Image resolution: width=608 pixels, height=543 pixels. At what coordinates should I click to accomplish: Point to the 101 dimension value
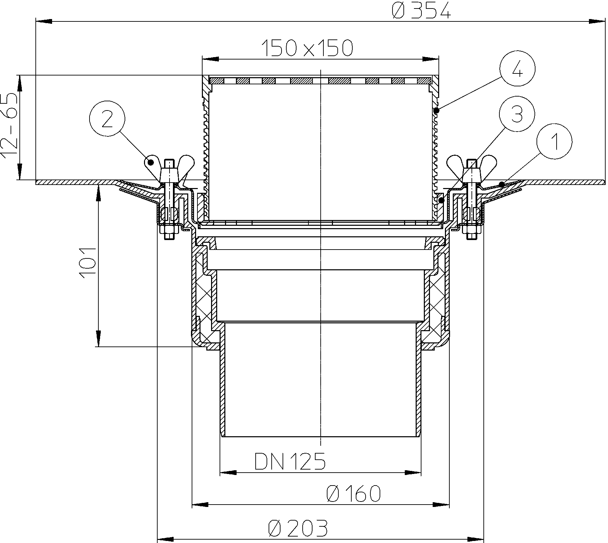87,263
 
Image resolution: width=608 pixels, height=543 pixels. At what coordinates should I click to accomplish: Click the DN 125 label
290,461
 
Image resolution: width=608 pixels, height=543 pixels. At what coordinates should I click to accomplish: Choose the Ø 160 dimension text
353,493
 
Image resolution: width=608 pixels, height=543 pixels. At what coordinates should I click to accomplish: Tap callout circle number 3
517,114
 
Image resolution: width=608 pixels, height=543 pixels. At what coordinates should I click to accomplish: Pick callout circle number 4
517,69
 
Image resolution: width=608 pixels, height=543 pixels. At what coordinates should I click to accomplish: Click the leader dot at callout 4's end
437,110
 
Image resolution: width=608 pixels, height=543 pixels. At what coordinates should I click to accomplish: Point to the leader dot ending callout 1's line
501,184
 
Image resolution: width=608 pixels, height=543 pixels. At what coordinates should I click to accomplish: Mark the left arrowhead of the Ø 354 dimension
44,21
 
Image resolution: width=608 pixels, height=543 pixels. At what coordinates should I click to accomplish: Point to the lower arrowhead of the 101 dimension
98,338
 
